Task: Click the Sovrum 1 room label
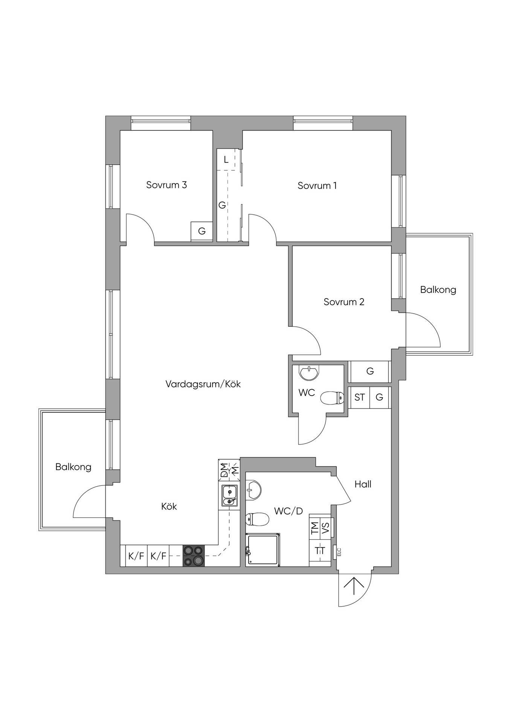coord(317,185)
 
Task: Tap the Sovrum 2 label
coord(344,302)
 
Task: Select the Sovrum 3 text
coord(166,185)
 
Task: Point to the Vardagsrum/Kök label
coord(203,384)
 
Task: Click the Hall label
coord(363,484)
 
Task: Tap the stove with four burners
coord(194,556)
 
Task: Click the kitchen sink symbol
coord(229,496)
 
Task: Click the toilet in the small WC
coord(332,398)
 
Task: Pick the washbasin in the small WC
coord(309,372)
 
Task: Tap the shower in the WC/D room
coord(263,549)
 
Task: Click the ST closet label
coord(360,397)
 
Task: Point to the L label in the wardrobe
coord(226,160)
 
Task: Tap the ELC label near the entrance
coord(339,552)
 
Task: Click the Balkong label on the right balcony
coord(438,290)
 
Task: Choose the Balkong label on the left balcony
coord(73,467)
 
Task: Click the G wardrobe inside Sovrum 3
coord(202,231)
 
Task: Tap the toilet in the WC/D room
coord(257,520)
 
